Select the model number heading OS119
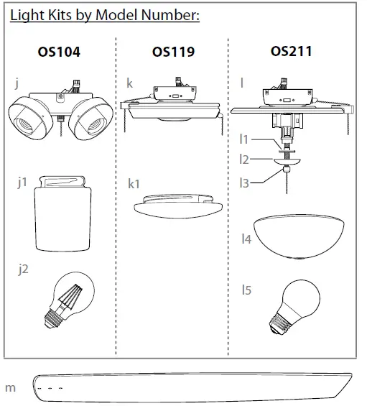point(173,52)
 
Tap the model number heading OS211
point(291,52)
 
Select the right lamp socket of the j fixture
point(91,115)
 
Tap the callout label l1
point(243,139)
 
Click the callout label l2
point(243,160)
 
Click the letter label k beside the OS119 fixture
point(129,84)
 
